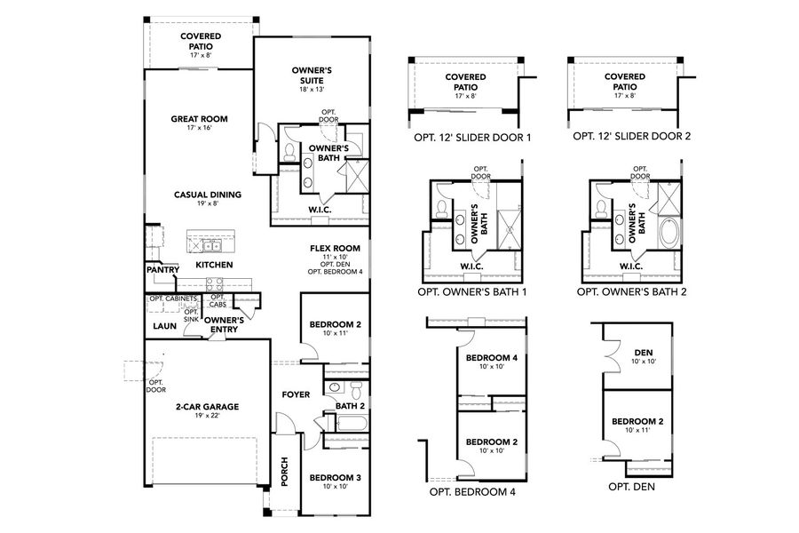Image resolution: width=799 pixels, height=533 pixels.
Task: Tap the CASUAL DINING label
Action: click(208, 194)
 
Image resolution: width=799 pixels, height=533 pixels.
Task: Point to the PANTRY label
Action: click(163, 269)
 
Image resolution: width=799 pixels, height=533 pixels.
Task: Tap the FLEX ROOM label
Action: click(335, 249)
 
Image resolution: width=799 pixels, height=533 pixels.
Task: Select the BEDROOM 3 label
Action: click(335, 478)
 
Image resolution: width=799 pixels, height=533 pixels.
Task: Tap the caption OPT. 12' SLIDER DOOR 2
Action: click(631, 137)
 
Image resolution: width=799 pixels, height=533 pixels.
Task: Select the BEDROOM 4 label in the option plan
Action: click(492, 358)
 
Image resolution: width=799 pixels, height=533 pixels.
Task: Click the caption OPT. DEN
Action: click(631, 487)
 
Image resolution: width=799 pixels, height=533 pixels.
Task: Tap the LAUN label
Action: click(164, 326)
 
